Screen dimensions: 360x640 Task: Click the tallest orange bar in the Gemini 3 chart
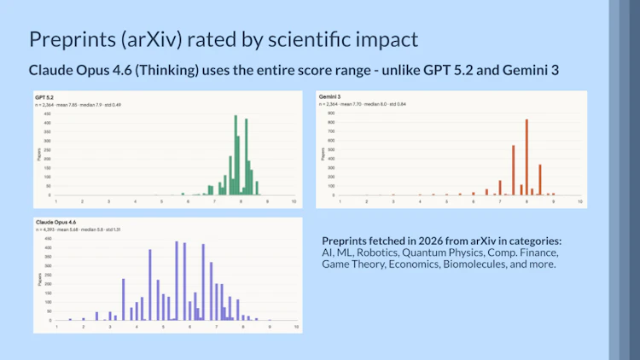coord(527,157)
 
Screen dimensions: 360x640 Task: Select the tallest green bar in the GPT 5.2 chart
coord(236,155)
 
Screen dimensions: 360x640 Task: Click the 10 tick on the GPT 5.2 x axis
coord(294,201)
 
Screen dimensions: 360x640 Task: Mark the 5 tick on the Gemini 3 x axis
coord(446,201)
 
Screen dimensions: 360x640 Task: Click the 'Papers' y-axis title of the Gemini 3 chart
coord(323,154)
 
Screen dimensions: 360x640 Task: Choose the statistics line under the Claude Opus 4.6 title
coord(73,229)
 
